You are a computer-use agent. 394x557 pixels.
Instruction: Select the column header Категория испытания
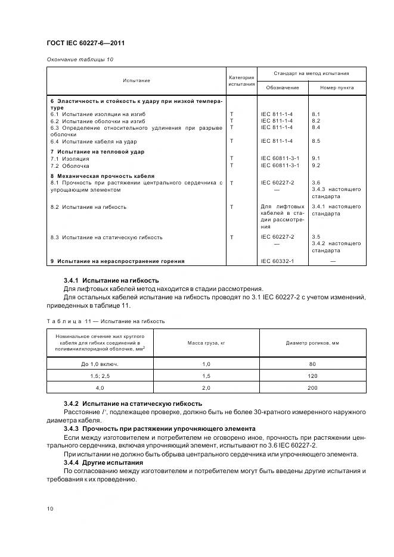[x=241, y=81]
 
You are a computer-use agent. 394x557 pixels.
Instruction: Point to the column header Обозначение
[x=283, y=88]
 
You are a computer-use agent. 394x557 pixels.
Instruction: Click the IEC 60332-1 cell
[x=277, y=261]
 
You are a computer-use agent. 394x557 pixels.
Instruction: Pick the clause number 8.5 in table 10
[x=316, y=141]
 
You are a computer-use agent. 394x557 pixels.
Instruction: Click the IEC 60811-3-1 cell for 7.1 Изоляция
[x=280, y=159]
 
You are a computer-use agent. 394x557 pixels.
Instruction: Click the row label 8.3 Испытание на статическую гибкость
[x=106, y=237]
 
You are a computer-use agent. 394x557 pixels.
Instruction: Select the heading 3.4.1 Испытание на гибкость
[x=111, y=280]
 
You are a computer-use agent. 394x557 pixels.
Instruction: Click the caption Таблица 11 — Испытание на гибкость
[x=106, y=321]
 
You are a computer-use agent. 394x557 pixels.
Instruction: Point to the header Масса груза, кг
[x=207, y=343]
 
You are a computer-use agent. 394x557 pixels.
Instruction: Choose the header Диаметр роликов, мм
[x=312, y=343]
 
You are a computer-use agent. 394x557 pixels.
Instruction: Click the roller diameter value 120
[x=312, y=377]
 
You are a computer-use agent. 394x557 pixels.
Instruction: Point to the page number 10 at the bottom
[x=50, y=509]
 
